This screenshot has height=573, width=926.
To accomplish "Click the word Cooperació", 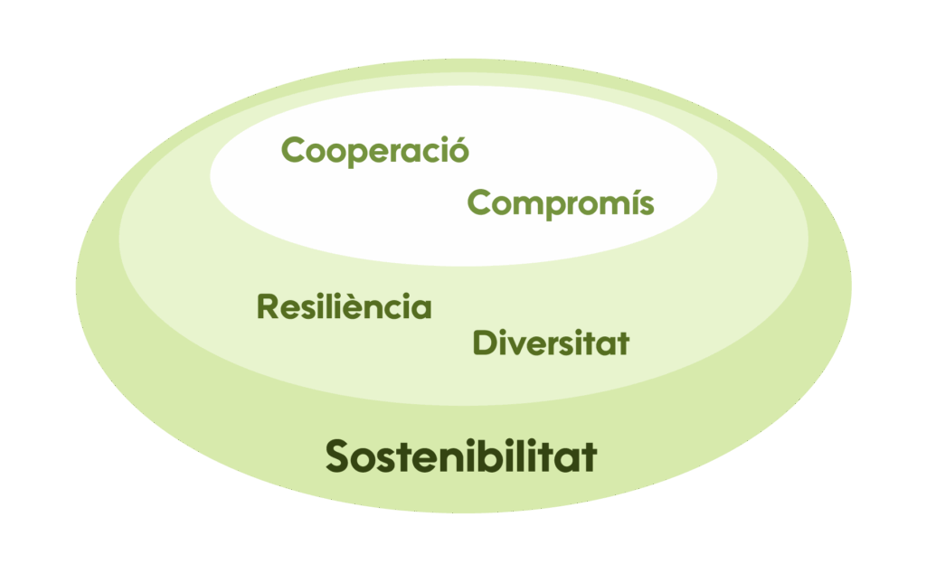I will [375, 150].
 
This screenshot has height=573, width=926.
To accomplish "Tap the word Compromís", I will [560, 203].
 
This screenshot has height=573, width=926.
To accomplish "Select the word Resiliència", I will [345, 307].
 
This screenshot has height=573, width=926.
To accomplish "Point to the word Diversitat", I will [551, 343].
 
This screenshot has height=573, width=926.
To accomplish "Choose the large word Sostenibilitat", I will [461, 456].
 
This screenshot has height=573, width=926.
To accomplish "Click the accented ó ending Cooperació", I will [459, 149].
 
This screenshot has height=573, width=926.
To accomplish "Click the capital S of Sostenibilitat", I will [339, 456].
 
